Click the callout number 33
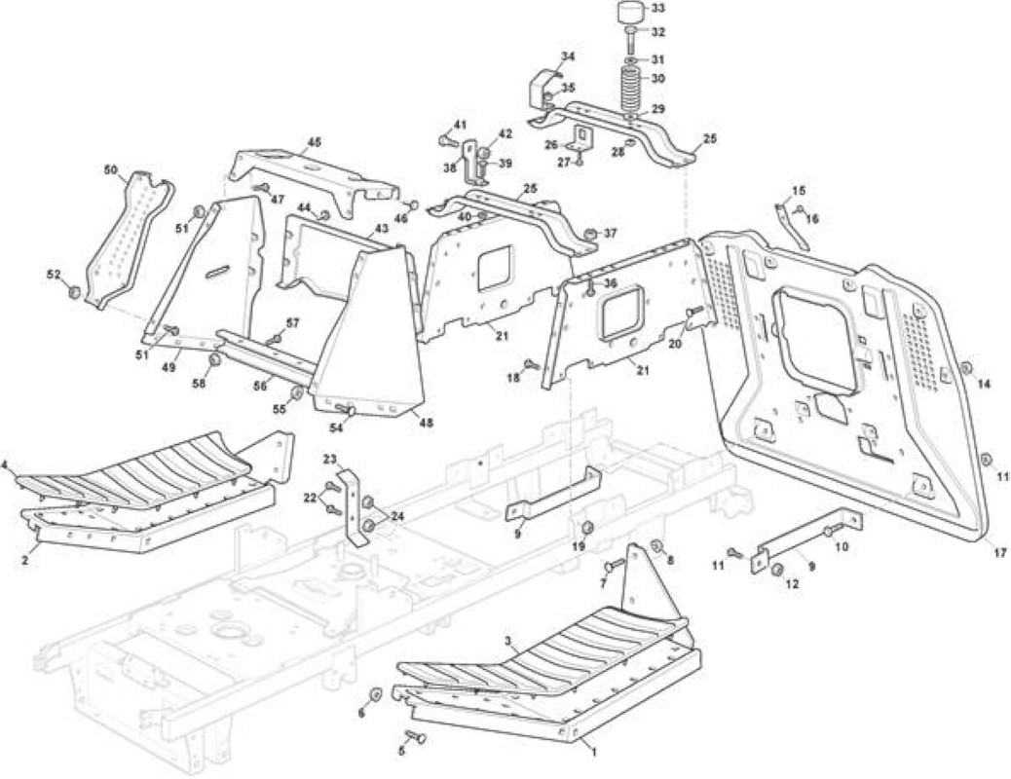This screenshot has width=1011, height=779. (x=658, y=9)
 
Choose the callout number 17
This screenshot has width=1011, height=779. (x=998, y=553)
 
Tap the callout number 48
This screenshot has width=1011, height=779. (x=426, y=423)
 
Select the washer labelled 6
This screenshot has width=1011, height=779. (x=374, y=695)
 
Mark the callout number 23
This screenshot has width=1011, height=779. (x=329, y=460)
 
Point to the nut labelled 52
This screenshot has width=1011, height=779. (x=73, y=292)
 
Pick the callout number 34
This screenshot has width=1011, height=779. (x=567, y=56)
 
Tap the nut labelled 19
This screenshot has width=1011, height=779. (x=587, y=528)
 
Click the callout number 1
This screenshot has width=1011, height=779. (x=594, y=752)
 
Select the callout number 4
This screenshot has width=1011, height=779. (x=5, y=464)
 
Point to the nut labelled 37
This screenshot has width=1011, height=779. (x=589, y=233)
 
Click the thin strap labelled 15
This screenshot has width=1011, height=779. (x=791, y=225)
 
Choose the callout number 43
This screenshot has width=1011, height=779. (x=382, y=228)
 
